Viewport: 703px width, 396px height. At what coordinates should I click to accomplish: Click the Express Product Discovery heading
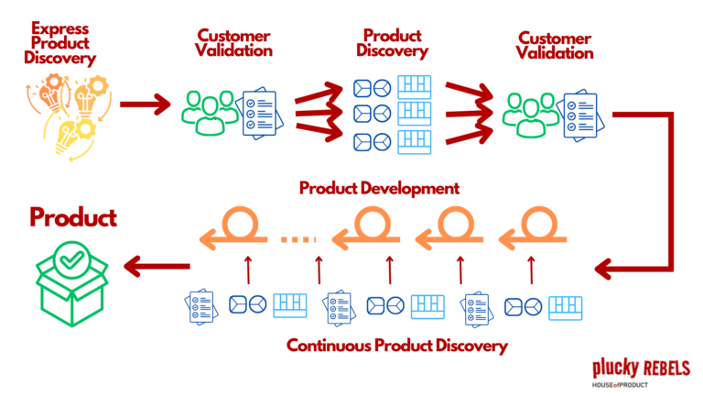point(59,45)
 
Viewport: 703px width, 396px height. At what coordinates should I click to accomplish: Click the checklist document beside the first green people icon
point(259,113)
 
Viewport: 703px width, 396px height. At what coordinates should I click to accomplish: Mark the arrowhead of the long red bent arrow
point(604,269)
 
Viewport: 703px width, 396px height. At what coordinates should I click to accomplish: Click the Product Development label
point(379,189)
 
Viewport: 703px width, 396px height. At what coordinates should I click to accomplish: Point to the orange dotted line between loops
point(297,240)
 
